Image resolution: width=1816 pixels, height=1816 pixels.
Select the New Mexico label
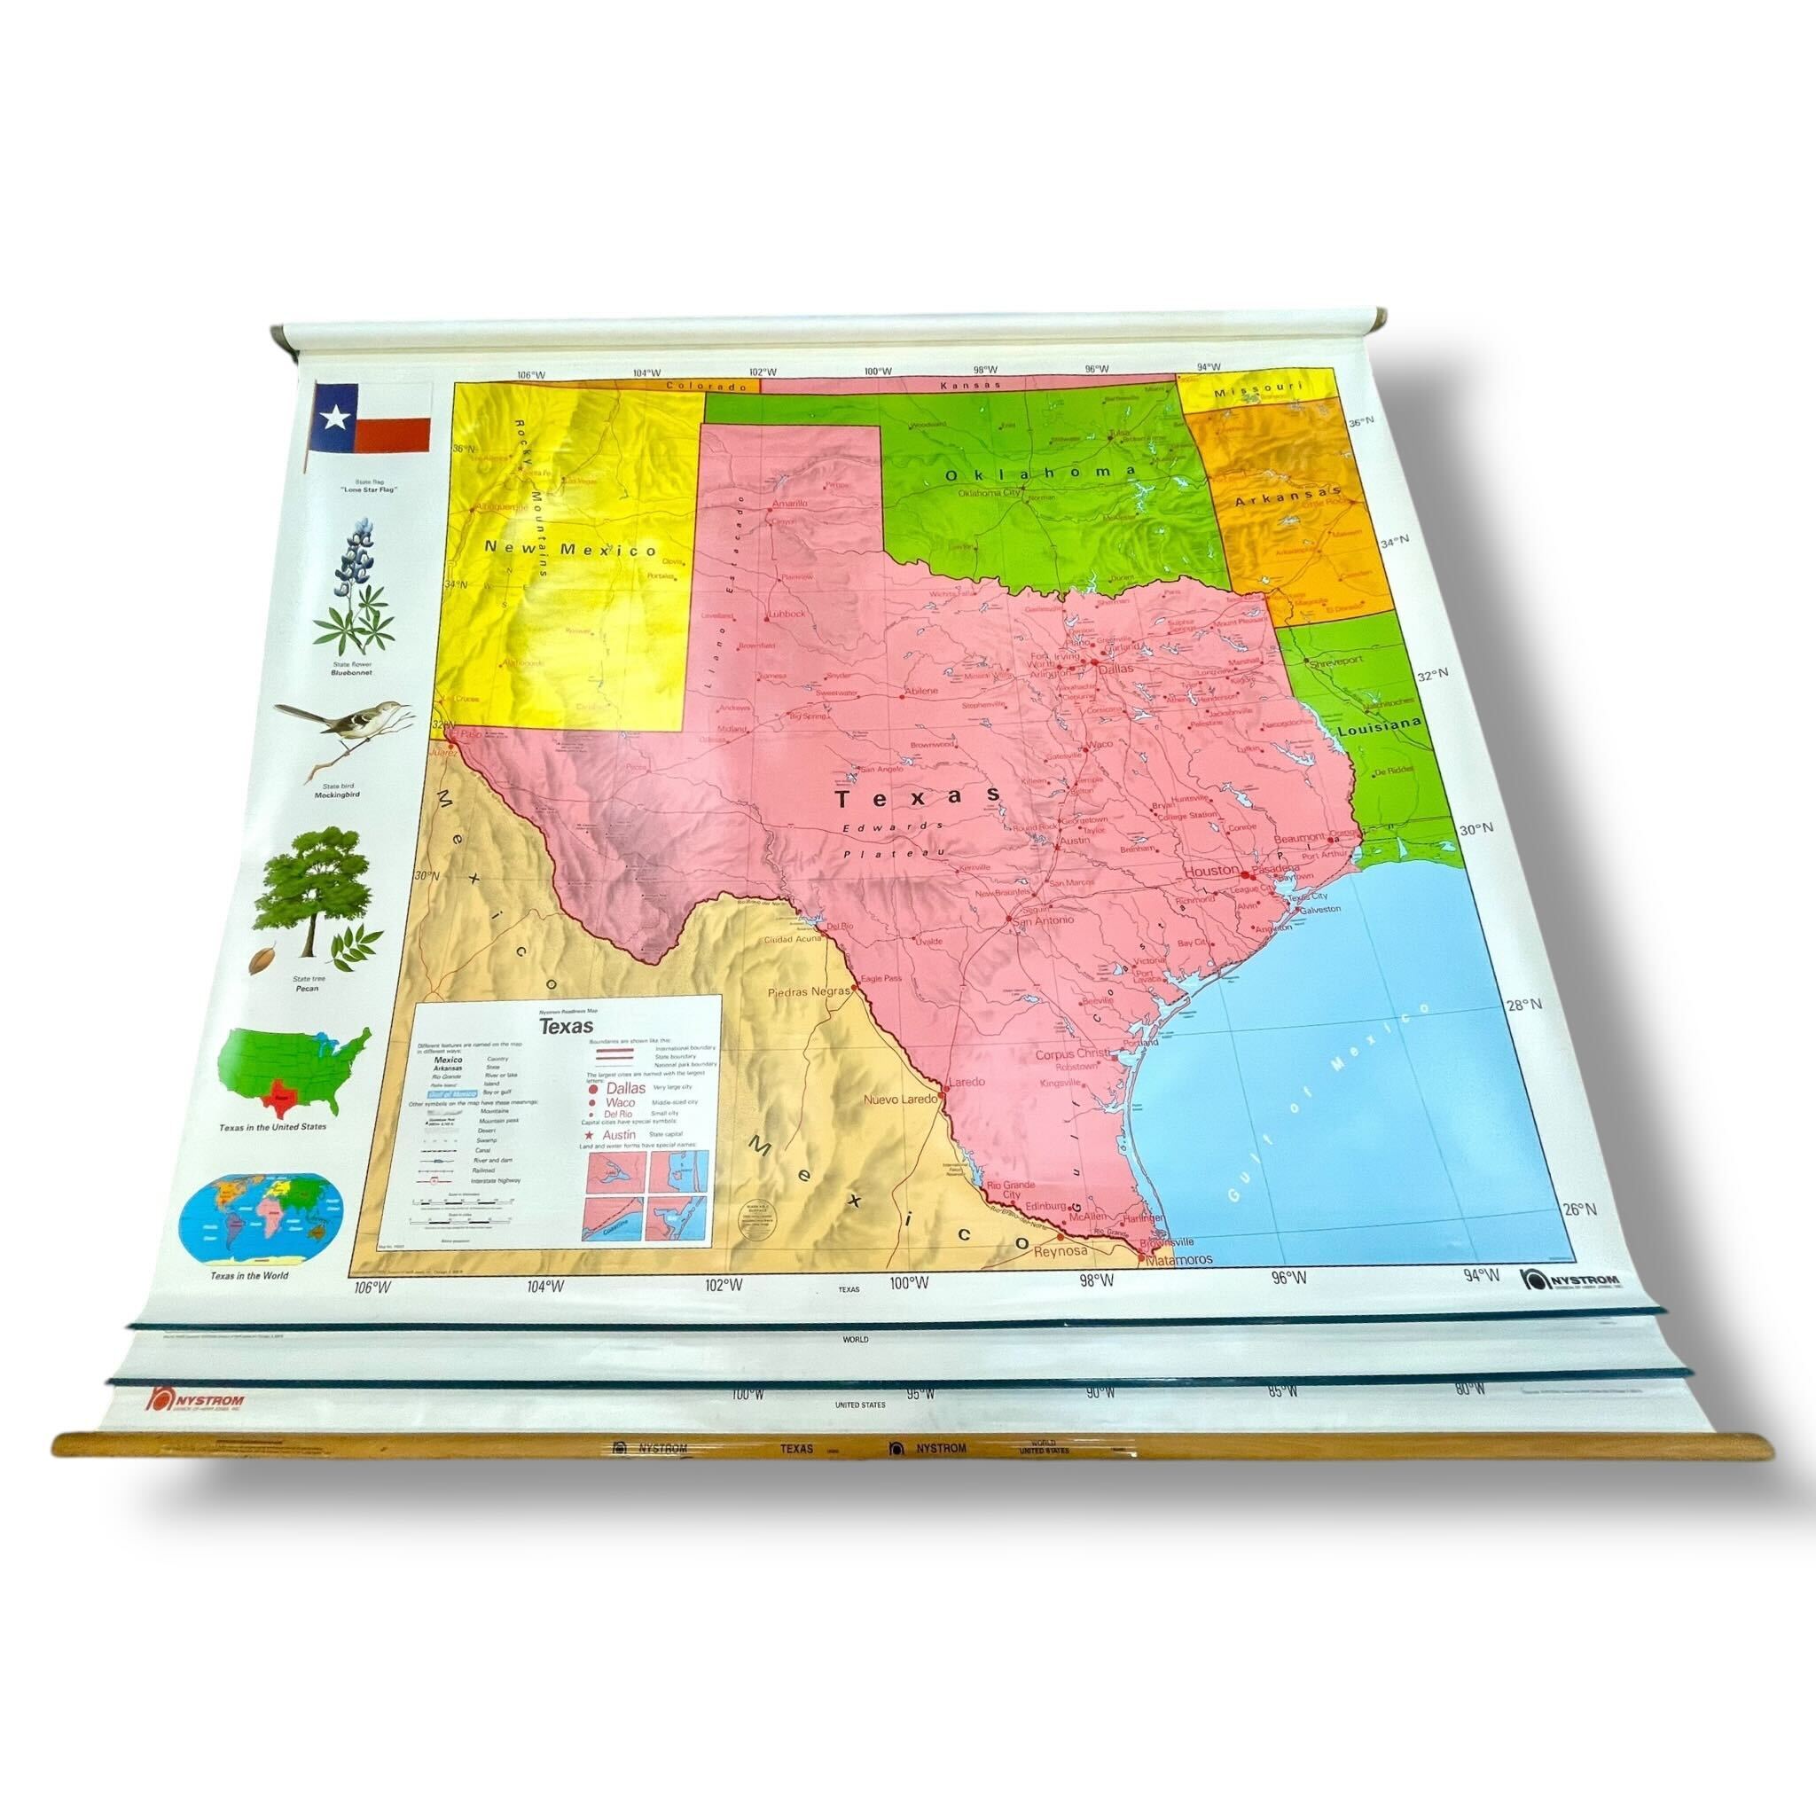tap(569, 549)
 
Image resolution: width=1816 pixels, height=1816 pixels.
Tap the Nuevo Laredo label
tap(899, 1098)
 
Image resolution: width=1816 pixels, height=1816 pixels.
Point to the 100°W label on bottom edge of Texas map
tap(909, 1282)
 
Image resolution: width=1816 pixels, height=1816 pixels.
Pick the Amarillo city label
tap(788, 504)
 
